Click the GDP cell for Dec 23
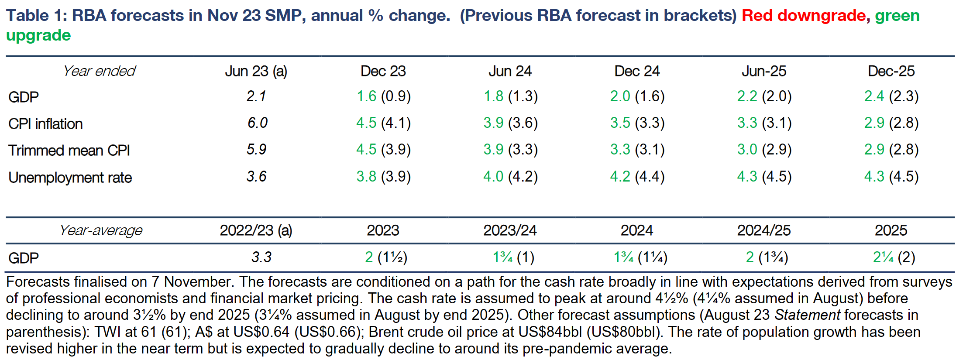[x=383, y=96]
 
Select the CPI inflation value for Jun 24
[x=510, y=123]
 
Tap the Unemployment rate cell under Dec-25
[x=891, y=177]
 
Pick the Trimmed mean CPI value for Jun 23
[x=256, y=150]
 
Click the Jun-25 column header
[x=764, y=71]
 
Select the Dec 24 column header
[x=637, y=71]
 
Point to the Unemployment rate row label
[x=70, y=178]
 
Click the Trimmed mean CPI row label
[x=69, y=151]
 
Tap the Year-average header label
[x=101, y=230]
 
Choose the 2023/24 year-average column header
[x=510, y=230]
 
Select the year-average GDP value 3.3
[x=261, y=257]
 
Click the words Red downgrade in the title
[x=803, y=16]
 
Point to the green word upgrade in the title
[x=38, y=35]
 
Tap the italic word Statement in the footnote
[x=807, y=315]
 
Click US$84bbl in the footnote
[x=550, y=332]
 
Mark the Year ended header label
[x=99, y=71]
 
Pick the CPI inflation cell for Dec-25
[x=891, y=123]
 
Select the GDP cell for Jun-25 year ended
[x=764, y=96]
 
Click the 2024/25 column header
[x=764, y=230]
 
